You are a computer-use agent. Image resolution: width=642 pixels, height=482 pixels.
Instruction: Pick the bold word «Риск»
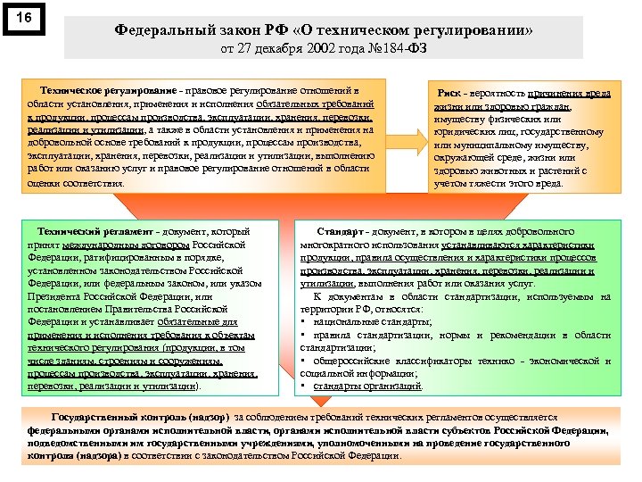pos(448,93)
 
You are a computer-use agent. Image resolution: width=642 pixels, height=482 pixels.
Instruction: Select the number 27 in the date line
pos(255,48)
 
